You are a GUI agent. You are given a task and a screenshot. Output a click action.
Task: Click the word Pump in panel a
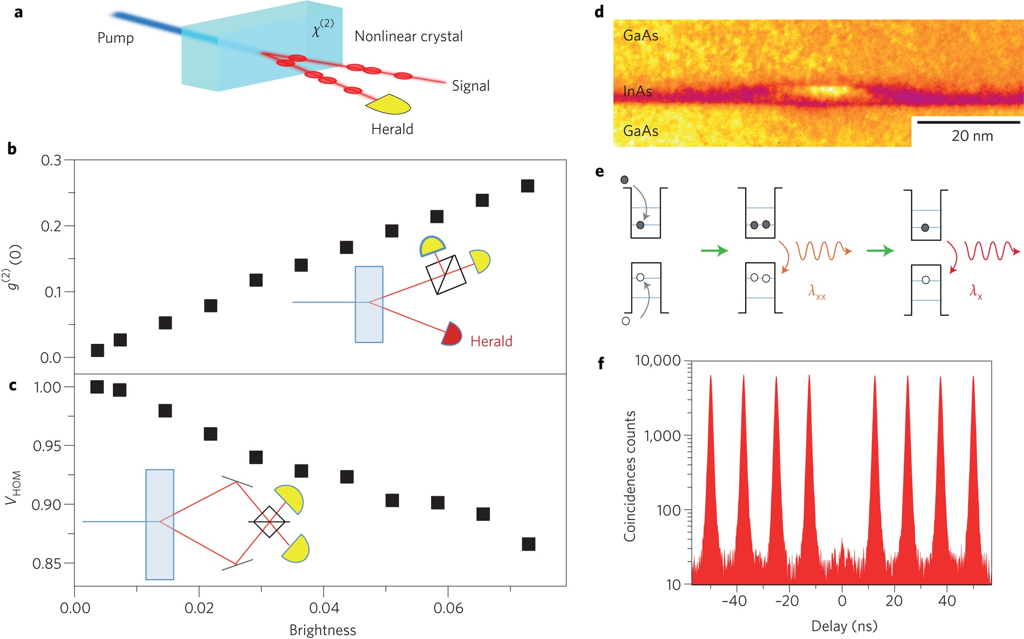click(116, 38)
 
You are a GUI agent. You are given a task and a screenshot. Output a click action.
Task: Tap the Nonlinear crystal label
click(408, 37)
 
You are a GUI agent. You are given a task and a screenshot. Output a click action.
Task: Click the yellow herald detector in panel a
click(389, 104)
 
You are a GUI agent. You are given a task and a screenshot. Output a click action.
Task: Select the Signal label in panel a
click(471, 86)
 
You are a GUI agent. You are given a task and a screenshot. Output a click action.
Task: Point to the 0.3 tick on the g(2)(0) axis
click(51, 160)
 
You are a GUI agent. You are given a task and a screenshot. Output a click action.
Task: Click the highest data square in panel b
click(528, 186)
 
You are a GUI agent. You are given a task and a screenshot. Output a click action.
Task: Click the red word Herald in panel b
click(491, 341)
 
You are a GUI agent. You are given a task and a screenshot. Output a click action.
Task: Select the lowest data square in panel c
click(529, 544)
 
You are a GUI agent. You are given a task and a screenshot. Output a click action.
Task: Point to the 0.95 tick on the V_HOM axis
click(47, 446)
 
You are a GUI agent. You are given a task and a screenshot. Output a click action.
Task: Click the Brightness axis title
click(322, 630)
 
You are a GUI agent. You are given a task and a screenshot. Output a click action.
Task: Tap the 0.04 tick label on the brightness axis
click(324, 608)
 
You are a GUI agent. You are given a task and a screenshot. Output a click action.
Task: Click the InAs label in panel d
click(637, 91)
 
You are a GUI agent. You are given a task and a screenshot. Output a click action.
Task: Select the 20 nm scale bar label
click(972, 136)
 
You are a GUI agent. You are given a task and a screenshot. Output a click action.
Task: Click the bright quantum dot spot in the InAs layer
click(827, 91)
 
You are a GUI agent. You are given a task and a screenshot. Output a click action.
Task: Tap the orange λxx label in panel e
click(817, 292)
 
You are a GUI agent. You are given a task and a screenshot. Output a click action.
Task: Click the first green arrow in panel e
click(714, 251)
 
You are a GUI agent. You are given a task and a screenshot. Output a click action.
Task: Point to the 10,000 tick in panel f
click(657, 360)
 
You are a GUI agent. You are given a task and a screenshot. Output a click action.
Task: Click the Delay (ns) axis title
click(844, 625)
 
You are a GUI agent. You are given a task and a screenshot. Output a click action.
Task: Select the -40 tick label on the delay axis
click(734, 601)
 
